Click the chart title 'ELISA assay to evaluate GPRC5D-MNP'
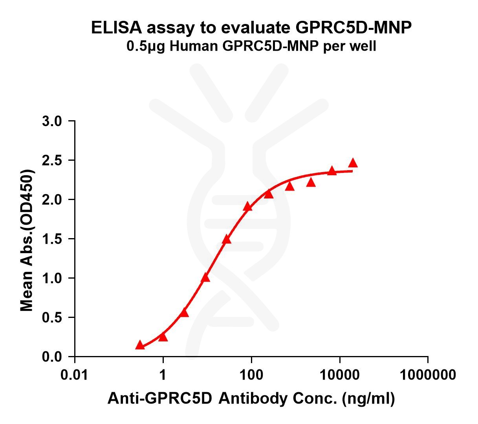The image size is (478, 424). (x=251, y=28)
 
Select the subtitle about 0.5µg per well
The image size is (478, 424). (x=251, y=46)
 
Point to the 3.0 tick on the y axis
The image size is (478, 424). (x=52, y=121)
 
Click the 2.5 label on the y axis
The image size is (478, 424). (x=52, y=160)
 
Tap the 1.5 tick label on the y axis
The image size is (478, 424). (x=52, y=239)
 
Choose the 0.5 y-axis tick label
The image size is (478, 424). (x=52, y=318)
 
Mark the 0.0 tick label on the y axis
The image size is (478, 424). (x=52, y=357)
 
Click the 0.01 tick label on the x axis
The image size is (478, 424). (x=75, y=374)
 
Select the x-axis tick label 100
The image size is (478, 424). (x=251, y=374)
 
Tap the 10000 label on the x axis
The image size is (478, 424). (x=339, y=374)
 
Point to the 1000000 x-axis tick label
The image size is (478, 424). (x=428, y=374)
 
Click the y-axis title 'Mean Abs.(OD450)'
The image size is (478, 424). (x=27, y=240)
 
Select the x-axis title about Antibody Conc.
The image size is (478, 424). (x=251, y=398)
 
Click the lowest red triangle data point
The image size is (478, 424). (x=139, y=345)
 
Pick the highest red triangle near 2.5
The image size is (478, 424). (x=353, y=163)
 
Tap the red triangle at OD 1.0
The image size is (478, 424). (x=205, y=278)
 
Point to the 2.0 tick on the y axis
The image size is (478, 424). (x=52, y=200)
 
